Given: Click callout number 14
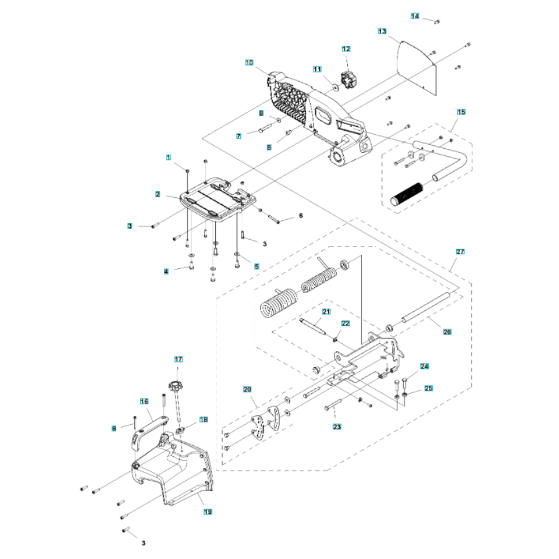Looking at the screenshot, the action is tap(415, 16).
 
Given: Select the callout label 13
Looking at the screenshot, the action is tap(382, 31).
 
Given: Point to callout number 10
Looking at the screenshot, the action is tap(249, 63).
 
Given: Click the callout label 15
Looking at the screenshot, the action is tap(461, 112).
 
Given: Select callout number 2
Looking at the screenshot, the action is tap(157, 195).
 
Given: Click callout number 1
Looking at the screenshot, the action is tap(168, 158).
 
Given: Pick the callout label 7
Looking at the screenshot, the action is tap(239, 136).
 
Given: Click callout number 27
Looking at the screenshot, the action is tap(460, 252).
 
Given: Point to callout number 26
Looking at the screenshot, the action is tap(447, 332).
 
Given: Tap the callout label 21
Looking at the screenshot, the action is tap(326, 311).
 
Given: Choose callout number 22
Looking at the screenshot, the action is tap(345, 323).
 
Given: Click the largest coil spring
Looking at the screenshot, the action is tap(278, 302).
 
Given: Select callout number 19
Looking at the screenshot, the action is tap(207, 512).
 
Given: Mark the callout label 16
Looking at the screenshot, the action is tap(144, 401).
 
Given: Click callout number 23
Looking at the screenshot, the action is tap(337, 427).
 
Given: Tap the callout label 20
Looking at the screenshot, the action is tap(247, 390).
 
